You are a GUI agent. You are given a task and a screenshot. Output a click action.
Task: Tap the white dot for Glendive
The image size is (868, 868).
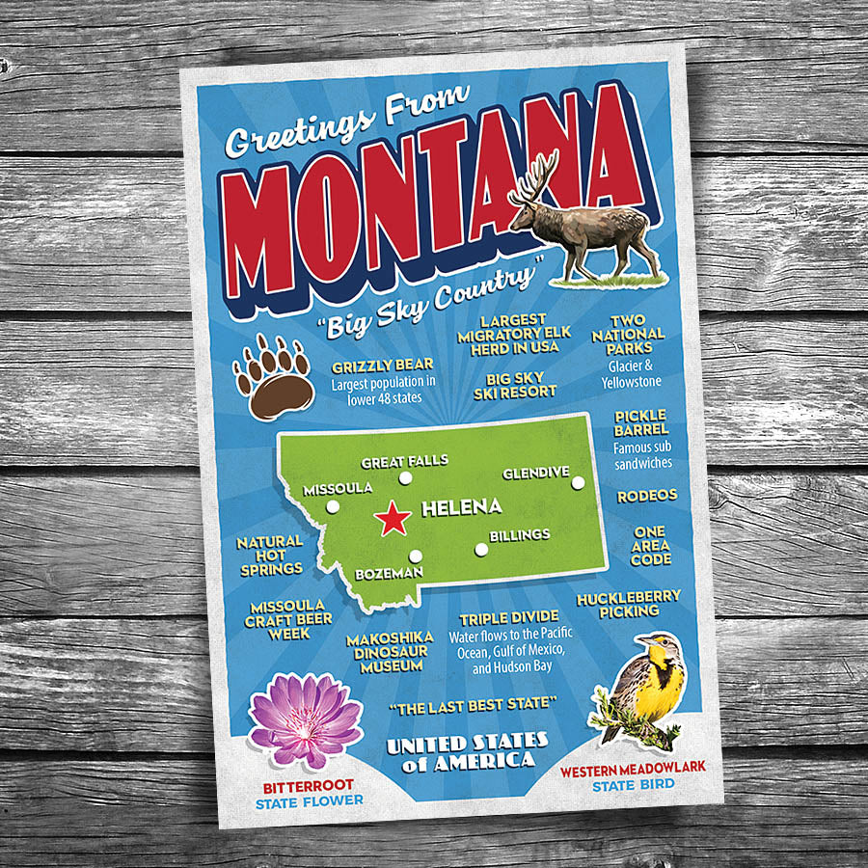coord(578,483)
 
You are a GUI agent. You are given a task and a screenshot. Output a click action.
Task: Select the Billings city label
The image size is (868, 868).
coord(519,534)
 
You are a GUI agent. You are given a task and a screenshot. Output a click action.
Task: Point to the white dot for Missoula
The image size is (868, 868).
coord(333,506)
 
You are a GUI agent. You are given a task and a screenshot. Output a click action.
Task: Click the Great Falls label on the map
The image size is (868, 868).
coord(405,461)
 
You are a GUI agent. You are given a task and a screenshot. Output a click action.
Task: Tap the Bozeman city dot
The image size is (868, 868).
coord(416,556)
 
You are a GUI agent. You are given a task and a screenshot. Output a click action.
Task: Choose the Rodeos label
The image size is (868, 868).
coord(647,495)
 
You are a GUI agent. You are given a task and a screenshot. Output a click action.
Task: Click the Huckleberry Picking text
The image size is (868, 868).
coord(629,605)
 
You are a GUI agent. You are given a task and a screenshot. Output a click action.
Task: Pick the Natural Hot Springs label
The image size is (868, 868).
coord(270,556)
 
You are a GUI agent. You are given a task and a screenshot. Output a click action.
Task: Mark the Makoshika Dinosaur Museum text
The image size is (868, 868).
coord(386,652)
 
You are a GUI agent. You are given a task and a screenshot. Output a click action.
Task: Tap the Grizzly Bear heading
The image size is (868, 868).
coord(382,366)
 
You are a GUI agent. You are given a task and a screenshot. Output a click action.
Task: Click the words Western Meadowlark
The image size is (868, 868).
coord(633,768)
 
